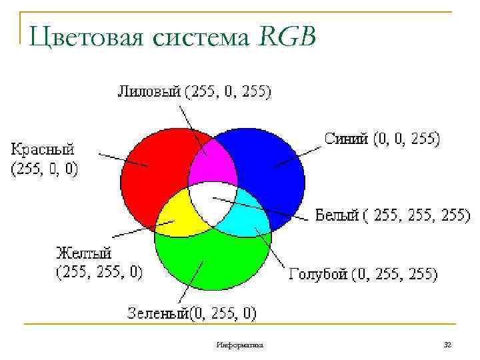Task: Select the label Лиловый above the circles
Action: tap(149, 91)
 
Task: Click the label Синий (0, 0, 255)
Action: tap(381, 138)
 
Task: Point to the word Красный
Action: tap(42, 149)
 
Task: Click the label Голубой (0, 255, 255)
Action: tap(363, 274)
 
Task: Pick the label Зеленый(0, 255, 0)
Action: tap(192, 312)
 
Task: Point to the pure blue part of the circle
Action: tap(273, 163)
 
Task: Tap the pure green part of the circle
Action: tap(212, 263)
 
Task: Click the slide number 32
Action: tap(448, 345)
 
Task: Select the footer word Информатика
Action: tap(240, 345)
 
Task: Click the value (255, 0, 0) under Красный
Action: tap(44, 169)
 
